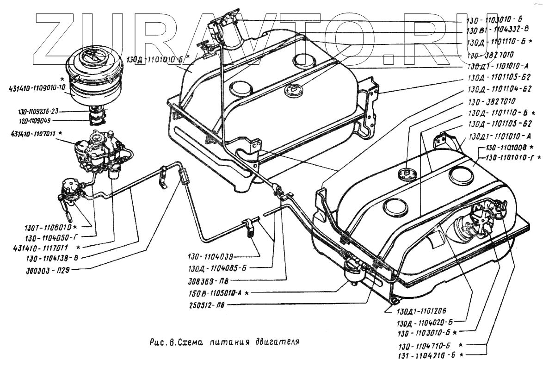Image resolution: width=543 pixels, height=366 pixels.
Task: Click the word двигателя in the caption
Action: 277,343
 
